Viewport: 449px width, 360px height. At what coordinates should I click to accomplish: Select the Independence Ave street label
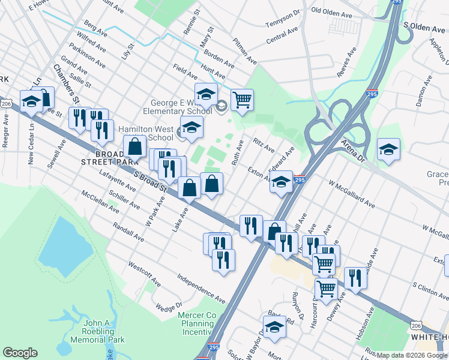pyautogui.click(x=200, y=288)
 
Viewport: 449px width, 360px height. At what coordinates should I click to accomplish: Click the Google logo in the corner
pyautogui.click(x=20, y=352)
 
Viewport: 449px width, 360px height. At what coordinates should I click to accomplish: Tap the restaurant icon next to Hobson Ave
pyautogui.click(x=355, y=278)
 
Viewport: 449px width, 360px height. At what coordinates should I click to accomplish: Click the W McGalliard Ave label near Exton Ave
pyautogui.click(x=351, y=193)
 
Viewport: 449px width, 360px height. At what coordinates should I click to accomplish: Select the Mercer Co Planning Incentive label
pyautogui.click(x=197, y=323)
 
